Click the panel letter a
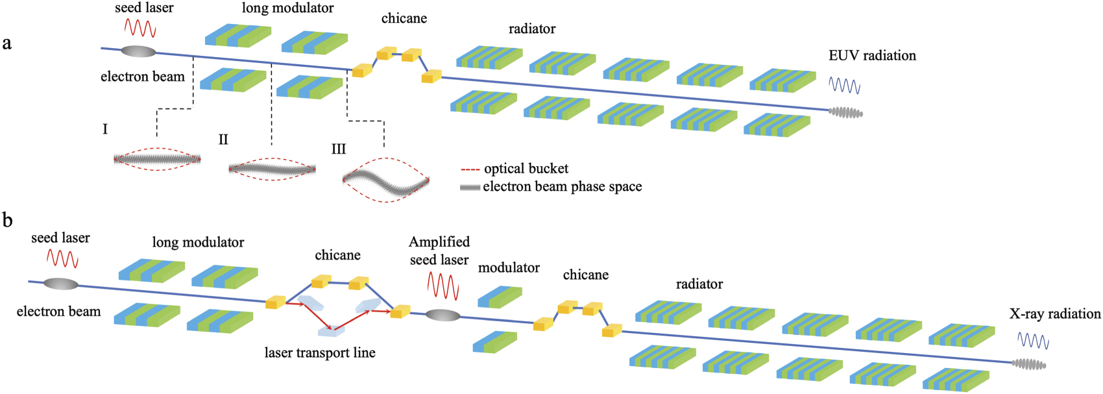click(7, 44)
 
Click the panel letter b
click(8, 220)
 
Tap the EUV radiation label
click(872, 56)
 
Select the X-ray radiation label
click(1054, 314)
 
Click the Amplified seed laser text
click(439, 251)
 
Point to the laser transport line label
click(320, 353)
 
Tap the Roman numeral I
click(105, 130)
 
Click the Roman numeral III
click(339, 150)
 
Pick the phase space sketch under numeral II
click(273, 169)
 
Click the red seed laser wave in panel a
click(140, 28)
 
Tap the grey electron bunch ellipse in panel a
click(138, 51)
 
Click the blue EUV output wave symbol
click(845, 85)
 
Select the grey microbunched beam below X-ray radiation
click(1029, 365)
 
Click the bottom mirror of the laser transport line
click(330, 332)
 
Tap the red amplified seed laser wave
click(442, 286)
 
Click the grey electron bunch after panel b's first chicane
click(442, 315)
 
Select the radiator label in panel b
click(699, 284)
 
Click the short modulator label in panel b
click(509, 268)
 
